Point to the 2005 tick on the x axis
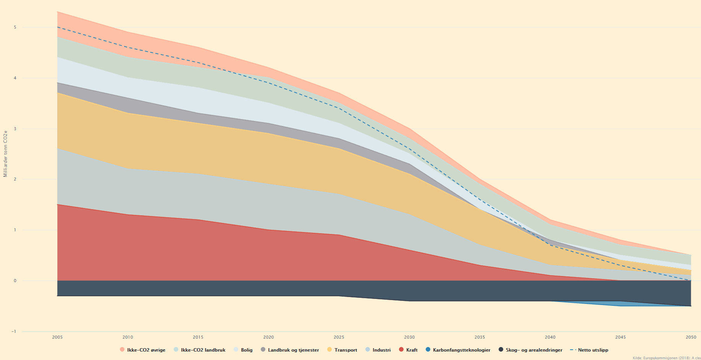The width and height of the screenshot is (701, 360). pyautogui.click(x=57, y=337)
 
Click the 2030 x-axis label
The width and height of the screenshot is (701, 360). pyautogui.click(x=409, y=337)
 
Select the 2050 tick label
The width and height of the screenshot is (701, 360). pyautogui.click(x=691, y=337)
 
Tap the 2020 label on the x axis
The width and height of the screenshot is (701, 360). pyautogui.click(x=268, y=337)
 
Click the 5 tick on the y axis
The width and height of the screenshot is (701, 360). pyautogui.click(x=15, y=27)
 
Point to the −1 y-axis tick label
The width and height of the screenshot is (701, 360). pyautogui.click(x=14, y=331)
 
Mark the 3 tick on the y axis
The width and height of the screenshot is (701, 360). pyautogui.click(x=15, y=129)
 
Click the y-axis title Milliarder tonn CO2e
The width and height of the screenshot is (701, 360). pyautogui.click(x=5, y=154)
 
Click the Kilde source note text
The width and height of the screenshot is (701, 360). pyautogui.click(x=666, y=358)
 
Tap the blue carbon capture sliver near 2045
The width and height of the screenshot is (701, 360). pyautogui.click(x=620, y=304)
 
